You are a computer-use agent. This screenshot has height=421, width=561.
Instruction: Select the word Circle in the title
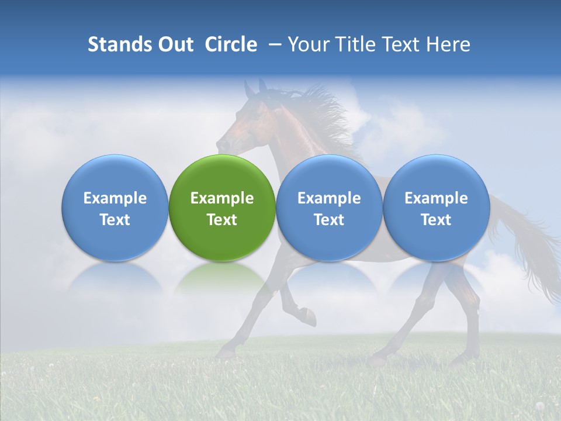click(231, 44)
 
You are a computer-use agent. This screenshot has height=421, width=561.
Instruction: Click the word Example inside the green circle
click(222, 198)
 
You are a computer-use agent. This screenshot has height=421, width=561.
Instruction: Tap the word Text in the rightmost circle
click(436, 220)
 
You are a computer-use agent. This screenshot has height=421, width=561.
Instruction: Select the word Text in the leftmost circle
click(115, 220)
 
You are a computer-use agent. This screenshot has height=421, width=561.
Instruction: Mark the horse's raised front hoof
click(310, 319)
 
